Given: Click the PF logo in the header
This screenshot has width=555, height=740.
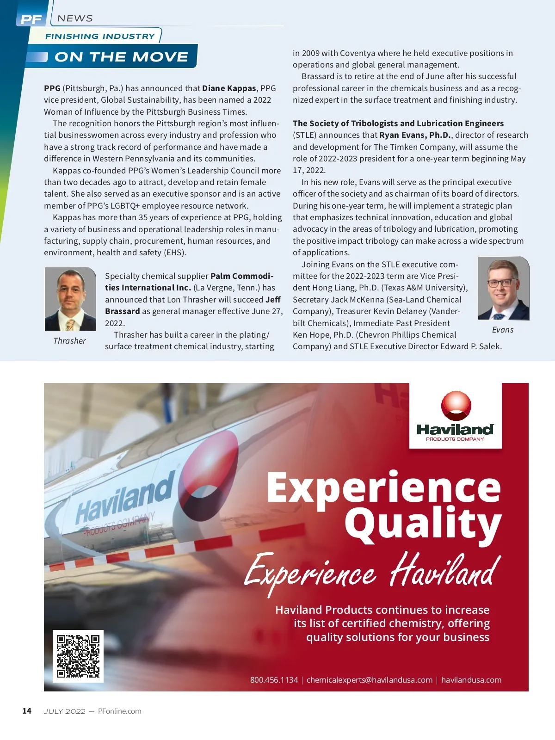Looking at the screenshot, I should pyautogui.click(x=31, y=19).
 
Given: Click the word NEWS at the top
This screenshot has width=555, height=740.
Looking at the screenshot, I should pyautogui.click(x=75, y=18).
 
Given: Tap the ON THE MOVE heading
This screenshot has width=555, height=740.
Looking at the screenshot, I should pyautogui.click(x=121, y=57).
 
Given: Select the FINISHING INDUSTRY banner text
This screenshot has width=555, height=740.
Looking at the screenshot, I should pyautogui.click(x=100, y=36).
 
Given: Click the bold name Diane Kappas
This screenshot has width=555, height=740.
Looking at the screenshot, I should pyautogui.click(x=229, y=88).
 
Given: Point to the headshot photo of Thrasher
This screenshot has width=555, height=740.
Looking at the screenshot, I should pyautogui.click(x=70, y=299).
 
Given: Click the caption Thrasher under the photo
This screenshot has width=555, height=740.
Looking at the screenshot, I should pyautogui.click(x=69, y=341).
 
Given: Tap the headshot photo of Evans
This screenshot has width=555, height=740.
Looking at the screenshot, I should pyautogui.click(x=503, y=288).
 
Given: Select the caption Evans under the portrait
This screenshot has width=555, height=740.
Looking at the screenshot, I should pyautogui.click(x=503, y=330).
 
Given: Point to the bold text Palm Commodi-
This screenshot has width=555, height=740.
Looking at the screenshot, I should pyautogui.click(x=241, y=276).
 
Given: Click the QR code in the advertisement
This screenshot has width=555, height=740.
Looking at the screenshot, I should pyautogui.click(x=78, y=656).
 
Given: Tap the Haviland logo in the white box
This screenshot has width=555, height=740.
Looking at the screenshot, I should pyautogui.click(x=455, y=416).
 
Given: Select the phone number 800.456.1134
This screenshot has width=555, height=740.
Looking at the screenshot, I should pyautogui.click(x=274, y=680).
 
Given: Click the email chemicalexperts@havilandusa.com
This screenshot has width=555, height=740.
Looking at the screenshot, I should pyautogui.click(x=369, y=680).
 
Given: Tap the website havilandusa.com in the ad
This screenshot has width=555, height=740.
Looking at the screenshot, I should pyautogui.click(x=471, y=680).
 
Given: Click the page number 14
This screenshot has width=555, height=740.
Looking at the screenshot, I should pyautogui.click(x=27, y=711).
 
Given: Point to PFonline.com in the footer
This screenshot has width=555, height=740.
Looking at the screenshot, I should pyautogui.click(x=119, y=711).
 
